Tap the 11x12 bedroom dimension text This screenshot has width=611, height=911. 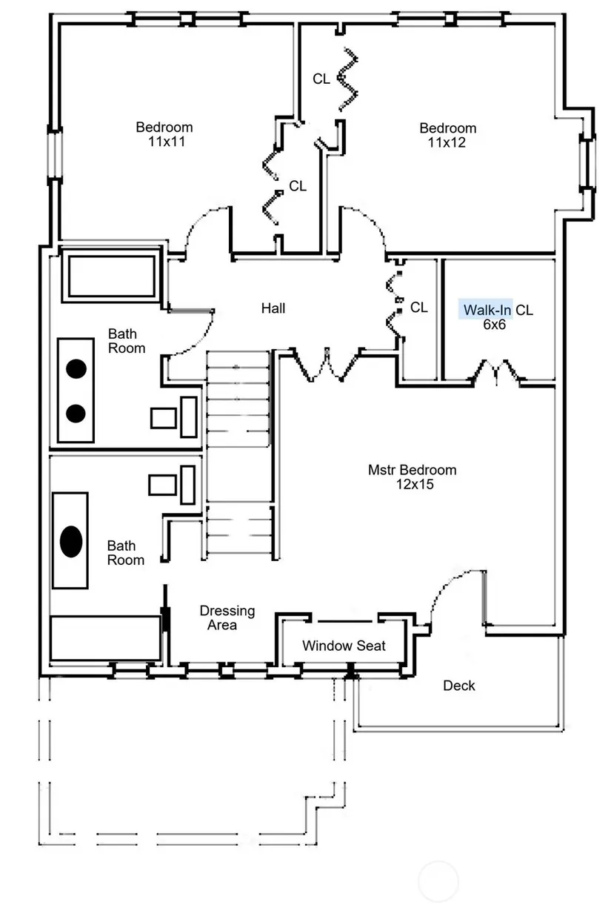coord(447,142)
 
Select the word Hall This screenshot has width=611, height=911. coord(273,308)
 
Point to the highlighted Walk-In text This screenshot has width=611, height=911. coord(486,310)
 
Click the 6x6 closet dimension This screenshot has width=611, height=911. coord(494,325)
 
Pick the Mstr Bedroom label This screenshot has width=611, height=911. coord(412,470)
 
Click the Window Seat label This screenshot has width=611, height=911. coord(344,646)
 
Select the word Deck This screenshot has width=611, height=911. coord(459,686)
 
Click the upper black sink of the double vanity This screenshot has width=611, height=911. coord(76,368)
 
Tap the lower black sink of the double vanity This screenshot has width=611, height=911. coord(76,413)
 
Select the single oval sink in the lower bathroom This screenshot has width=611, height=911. coord(70,541)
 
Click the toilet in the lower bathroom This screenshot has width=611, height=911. coord(174,484)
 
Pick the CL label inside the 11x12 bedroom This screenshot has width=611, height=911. coord(321,79)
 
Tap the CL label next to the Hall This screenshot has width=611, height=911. coord(418,308)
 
